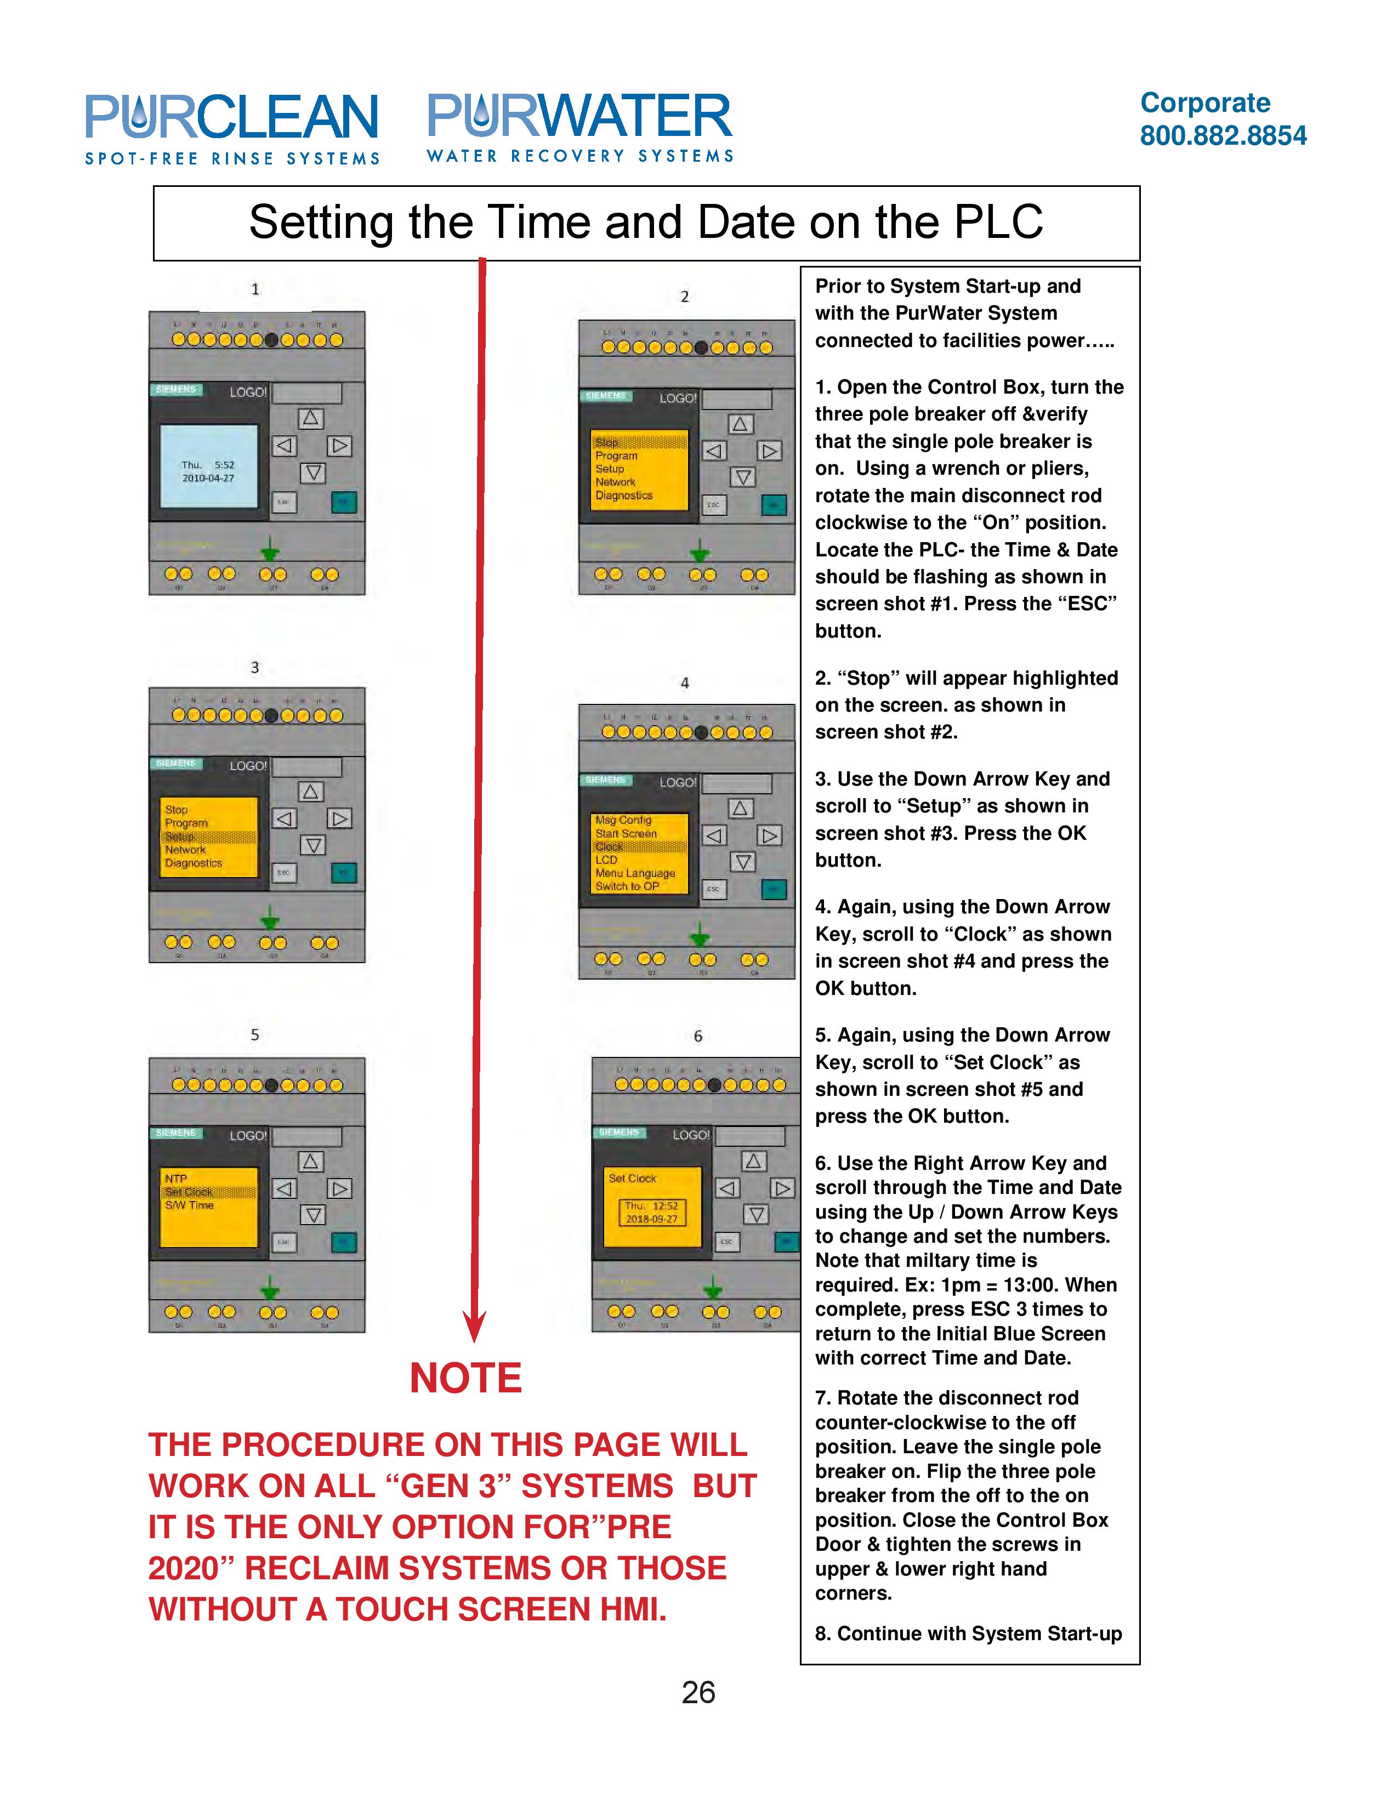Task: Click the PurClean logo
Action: point(232,128)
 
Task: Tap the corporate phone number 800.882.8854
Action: point(1223,136)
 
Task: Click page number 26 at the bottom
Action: point(697,1692)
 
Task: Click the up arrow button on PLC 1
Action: point(310,418)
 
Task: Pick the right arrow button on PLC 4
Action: point(769,836)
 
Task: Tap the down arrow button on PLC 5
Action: point(312,1215)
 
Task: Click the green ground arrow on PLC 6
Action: point(712,1287)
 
